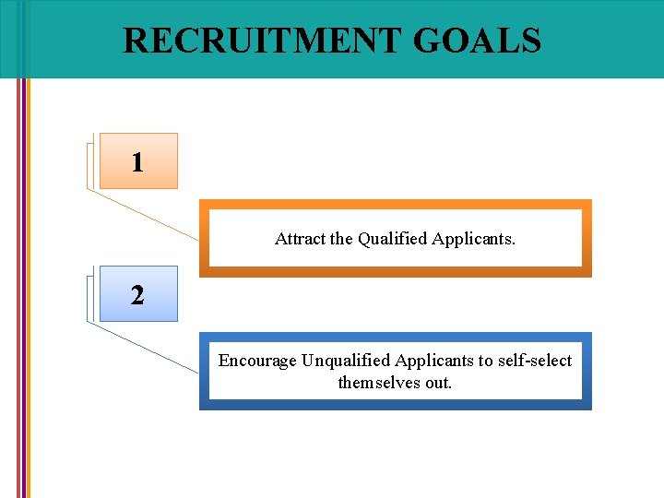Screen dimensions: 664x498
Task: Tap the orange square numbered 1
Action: [137, 161]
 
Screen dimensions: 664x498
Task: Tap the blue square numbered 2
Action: [137, 294]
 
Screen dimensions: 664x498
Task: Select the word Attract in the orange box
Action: [300, 239]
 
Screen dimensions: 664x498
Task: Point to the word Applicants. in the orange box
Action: [474, 239]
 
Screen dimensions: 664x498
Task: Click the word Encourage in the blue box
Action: [257, 361]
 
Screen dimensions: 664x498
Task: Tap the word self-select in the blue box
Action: [535, 361]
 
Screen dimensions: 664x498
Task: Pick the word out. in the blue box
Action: [438, 382]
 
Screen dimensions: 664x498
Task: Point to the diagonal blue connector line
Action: [143, 347]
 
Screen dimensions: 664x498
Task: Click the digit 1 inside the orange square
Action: [137, 163]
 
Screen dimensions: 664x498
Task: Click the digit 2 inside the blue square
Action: [137, 296]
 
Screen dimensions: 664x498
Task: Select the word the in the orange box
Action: [342, 239]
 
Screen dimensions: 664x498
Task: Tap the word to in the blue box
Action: [485, 361]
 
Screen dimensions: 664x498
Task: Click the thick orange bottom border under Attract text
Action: [395, 272]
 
